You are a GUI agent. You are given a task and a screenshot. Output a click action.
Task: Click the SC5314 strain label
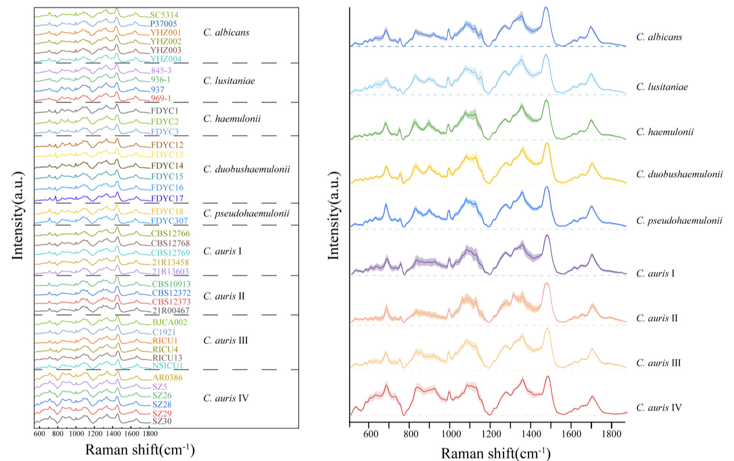pyautogui.click(x=164, y=15)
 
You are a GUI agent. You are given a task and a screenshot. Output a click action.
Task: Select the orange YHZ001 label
pyautogui.click(x=165, y=32)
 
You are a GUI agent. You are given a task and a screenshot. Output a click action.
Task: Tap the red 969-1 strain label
pyautogui.click(x=161, y=98)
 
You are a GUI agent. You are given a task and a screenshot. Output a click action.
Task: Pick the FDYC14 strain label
pyautogui.click(x=167, y=166)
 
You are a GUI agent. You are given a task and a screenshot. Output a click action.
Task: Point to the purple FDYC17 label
pyautogui.click(x=167, y=198)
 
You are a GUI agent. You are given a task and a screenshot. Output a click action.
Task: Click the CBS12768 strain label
pyautogui.click(x=171, y=243)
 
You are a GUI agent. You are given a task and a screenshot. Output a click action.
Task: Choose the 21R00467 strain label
pyautogui.click(x=171, y=311)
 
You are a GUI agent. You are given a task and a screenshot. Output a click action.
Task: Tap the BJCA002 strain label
pyautogui.click(x=170, y=322)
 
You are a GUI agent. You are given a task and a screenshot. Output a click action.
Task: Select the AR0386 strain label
pyautogui.click(x=167, y=378)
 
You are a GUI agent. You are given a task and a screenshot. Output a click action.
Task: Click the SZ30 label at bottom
pyautogui.click(x=162, y=421)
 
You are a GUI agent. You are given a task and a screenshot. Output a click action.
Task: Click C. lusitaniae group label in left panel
pyautogui.click(x=229, y=81)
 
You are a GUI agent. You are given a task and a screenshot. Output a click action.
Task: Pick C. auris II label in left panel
pyautogui.click(x=224, y=296)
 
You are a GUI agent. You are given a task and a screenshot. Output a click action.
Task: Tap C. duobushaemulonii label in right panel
pyautogui.click(x=679, y=174)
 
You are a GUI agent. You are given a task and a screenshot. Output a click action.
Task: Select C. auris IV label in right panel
pyautogui.click(x=659, y=408)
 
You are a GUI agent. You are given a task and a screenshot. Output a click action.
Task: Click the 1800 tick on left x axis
pyautogui.click(x=150, y=434)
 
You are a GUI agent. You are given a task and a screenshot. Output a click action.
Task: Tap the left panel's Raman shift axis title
pyautogui.click(x=140, y=450)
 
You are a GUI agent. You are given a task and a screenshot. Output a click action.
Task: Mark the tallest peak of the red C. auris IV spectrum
pyautogui.click(x=548, y=377)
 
